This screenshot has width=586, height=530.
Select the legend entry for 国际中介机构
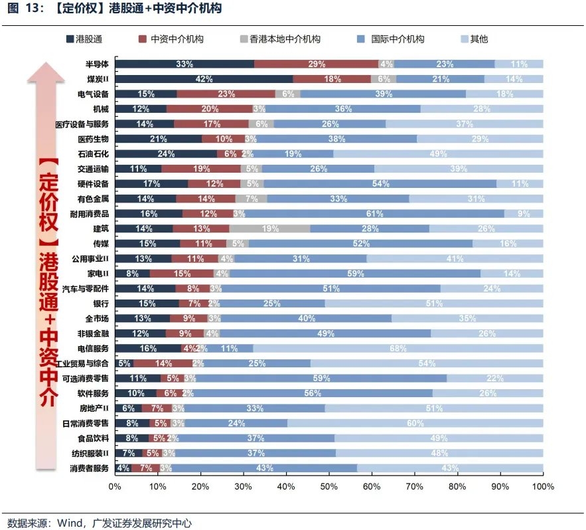click(393, 39)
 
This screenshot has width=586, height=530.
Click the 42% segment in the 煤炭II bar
click(204, 79)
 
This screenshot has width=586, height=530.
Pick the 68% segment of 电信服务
click(398, 348)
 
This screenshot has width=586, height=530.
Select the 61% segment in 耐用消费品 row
click(374, 214)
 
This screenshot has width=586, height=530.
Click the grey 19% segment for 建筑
click(269, 228)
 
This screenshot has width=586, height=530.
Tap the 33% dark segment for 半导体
click(184, 64)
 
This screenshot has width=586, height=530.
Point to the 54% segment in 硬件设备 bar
click(380, 184)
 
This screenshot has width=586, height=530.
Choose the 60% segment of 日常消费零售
click(415, 423)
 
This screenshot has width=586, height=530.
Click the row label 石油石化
click(94, 154)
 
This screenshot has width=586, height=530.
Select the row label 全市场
click(97, 318)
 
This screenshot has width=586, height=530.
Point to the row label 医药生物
click(94, 139)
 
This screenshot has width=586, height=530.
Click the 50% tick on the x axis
click(329, 487)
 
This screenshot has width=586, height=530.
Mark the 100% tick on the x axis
click(543, 487)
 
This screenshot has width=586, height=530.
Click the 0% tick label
click(115, 487)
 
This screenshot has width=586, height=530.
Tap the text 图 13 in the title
click(21, 9)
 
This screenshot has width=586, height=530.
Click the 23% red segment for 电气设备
click(226, 94)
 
